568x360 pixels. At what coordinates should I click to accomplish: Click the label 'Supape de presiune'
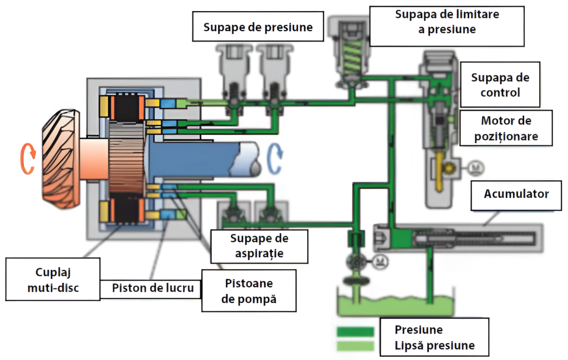pos(258,27)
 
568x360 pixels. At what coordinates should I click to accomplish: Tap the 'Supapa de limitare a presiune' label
pos(447,22)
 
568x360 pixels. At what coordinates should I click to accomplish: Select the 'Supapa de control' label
pos(500,84)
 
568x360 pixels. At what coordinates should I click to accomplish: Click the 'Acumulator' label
pos(516,194)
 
